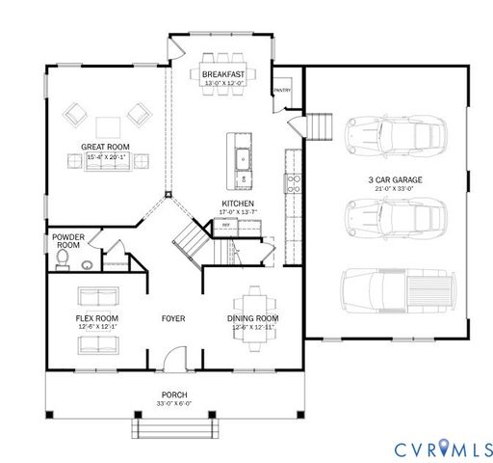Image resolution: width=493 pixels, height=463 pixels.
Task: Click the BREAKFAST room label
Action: [x=223, y=74]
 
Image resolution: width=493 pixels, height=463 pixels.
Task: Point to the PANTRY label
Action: [x=282, y=92]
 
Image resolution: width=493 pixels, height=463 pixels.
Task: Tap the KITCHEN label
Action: [x=236, y=204]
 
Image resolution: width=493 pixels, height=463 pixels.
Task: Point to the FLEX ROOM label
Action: [x=96, y=318]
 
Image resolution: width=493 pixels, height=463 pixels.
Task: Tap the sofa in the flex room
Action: [x=97, y=296]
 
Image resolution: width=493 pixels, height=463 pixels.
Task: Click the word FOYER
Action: [x=173, y=318]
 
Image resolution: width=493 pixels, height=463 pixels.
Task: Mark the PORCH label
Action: [x=174, y=395]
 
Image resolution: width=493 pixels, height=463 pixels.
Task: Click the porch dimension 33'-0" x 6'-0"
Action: [x=174, y=403]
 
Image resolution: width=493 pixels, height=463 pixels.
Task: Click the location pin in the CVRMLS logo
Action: [x=445, y=448]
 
